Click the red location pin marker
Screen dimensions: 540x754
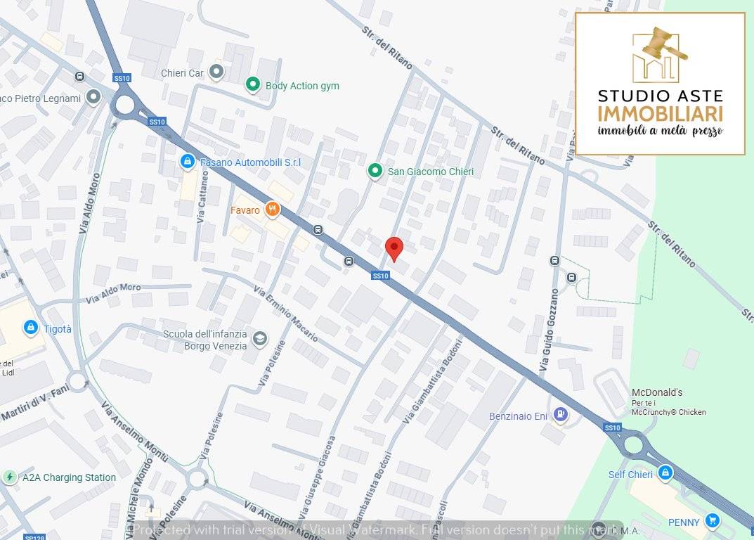(394, 248)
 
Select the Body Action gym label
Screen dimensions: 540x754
(302, 86)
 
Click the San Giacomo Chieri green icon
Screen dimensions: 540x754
(375, 171)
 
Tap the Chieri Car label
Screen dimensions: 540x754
(182, 73)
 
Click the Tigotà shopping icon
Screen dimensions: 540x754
(30, 328)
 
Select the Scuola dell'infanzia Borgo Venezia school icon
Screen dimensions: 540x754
(259, 339)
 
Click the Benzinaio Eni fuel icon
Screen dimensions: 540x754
(560, 415)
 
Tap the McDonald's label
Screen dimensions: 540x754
(657, 392)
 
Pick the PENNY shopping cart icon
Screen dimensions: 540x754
(713, 521)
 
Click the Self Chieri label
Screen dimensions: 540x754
(630, 475)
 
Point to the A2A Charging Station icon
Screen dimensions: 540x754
(10, 477)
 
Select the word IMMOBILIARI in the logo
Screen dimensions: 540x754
(660, 113)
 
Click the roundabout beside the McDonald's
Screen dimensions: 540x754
(633, 444)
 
